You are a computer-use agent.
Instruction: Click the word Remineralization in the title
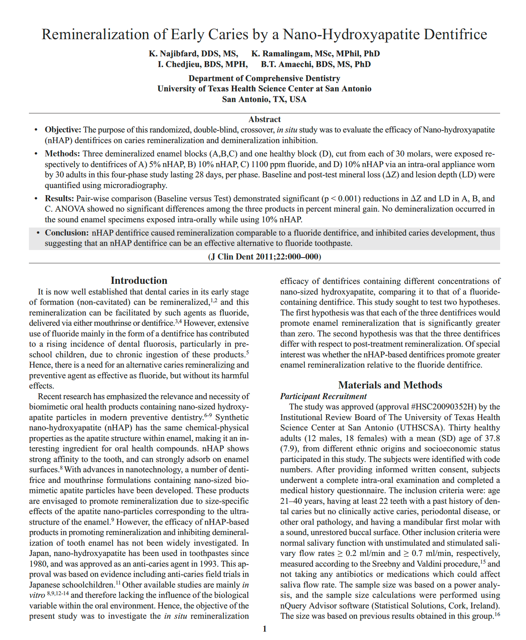pyautogui.click(x=96, y=35)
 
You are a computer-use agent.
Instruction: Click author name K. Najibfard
pyautogui.click(x=174, y=54)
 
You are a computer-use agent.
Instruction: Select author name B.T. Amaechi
pyautogui.click(x=282, y=64)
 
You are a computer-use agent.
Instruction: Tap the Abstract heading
pyautogui.click(x=265, y=119)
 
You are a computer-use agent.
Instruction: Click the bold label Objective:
pyautogui.click(x=63, y=130)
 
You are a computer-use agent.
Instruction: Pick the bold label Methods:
pyautogui.click(x=62, y=154)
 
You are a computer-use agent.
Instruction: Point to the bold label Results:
pyautogui.click(x=59, y=199)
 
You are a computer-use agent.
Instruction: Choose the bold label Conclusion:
pyautogui.click(x=67, y=233)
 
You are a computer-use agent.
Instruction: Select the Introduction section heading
pyautogui.click(x=139, y=281)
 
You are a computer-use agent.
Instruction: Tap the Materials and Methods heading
pyautogui.click(x=390, y=385)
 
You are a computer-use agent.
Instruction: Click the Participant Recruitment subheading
pyautogui.click(x=324, y=396)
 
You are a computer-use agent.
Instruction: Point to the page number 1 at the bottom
pyautogui.click(x=265, y=629)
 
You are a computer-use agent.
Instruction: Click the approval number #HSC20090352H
pyautogui.click(x=443, y=407)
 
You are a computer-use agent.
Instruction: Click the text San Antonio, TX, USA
pyautogui.click(x=264, y=100)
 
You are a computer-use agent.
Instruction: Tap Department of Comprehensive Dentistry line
pyautogui.click(x=264, y=78)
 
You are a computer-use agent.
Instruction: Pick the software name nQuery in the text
pyautogui.click(x=293, y=606)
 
